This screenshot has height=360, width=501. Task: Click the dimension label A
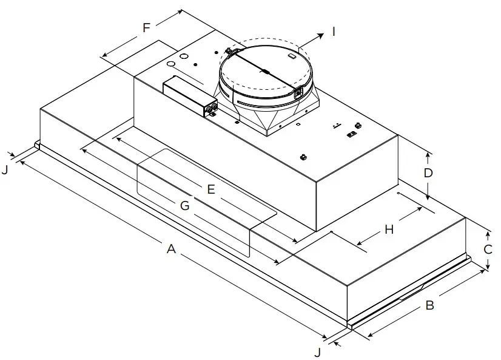(x=172, y=249)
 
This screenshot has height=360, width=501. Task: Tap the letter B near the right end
(x=429, y=305)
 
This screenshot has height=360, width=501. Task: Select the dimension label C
(x=488, y=250)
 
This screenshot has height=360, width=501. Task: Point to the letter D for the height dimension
(x=428, y=173)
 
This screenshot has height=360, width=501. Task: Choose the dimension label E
(x=210, y=189)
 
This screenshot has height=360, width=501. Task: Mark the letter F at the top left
(x=146, y=28)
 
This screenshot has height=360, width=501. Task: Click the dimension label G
(x=185, y=206)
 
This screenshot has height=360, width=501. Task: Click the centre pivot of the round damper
(x=265, y=72)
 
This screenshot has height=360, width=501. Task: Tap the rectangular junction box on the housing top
(x=189, y=94)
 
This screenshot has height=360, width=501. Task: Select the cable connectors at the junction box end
(x=213, y=109)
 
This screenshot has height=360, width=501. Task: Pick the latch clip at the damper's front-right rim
(x=298, y=93)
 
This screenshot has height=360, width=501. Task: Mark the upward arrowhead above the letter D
(x=428, y=155)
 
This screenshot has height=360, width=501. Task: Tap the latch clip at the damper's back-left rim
(x=229, y=50)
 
